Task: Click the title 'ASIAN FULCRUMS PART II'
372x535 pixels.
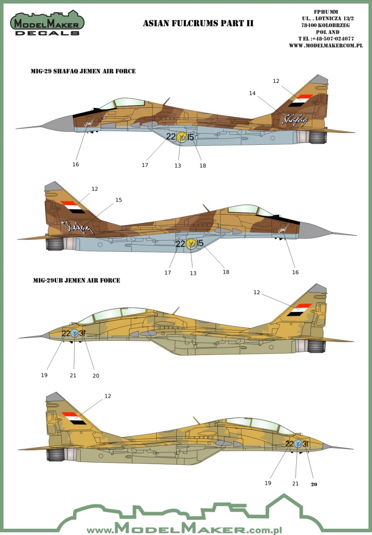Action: (x=198, y=23)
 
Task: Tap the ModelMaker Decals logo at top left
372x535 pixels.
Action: (x=47, y=23)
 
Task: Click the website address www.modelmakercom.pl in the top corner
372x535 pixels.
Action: (x=326, y=45)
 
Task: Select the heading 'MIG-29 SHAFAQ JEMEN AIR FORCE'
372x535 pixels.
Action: (x=83, y=71)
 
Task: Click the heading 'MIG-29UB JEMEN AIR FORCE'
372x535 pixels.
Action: (x=77, y=280)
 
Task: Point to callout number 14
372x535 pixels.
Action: (x=252, y=93)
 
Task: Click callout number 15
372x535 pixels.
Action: (x=119, y=200)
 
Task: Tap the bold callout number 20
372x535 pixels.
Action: (x=314, y=484)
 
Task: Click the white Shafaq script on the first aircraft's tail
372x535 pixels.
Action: (x=294, y=120)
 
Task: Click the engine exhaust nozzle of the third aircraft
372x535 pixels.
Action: (x=316, y=346)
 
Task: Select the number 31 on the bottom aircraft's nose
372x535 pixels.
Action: (x=306, y=444)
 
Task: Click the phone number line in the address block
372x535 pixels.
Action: (x=326, y=39)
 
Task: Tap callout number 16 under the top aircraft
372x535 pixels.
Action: (x=76, y=165)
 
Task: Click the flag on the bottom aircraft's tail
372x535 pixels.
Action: (x=74, y=419)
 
